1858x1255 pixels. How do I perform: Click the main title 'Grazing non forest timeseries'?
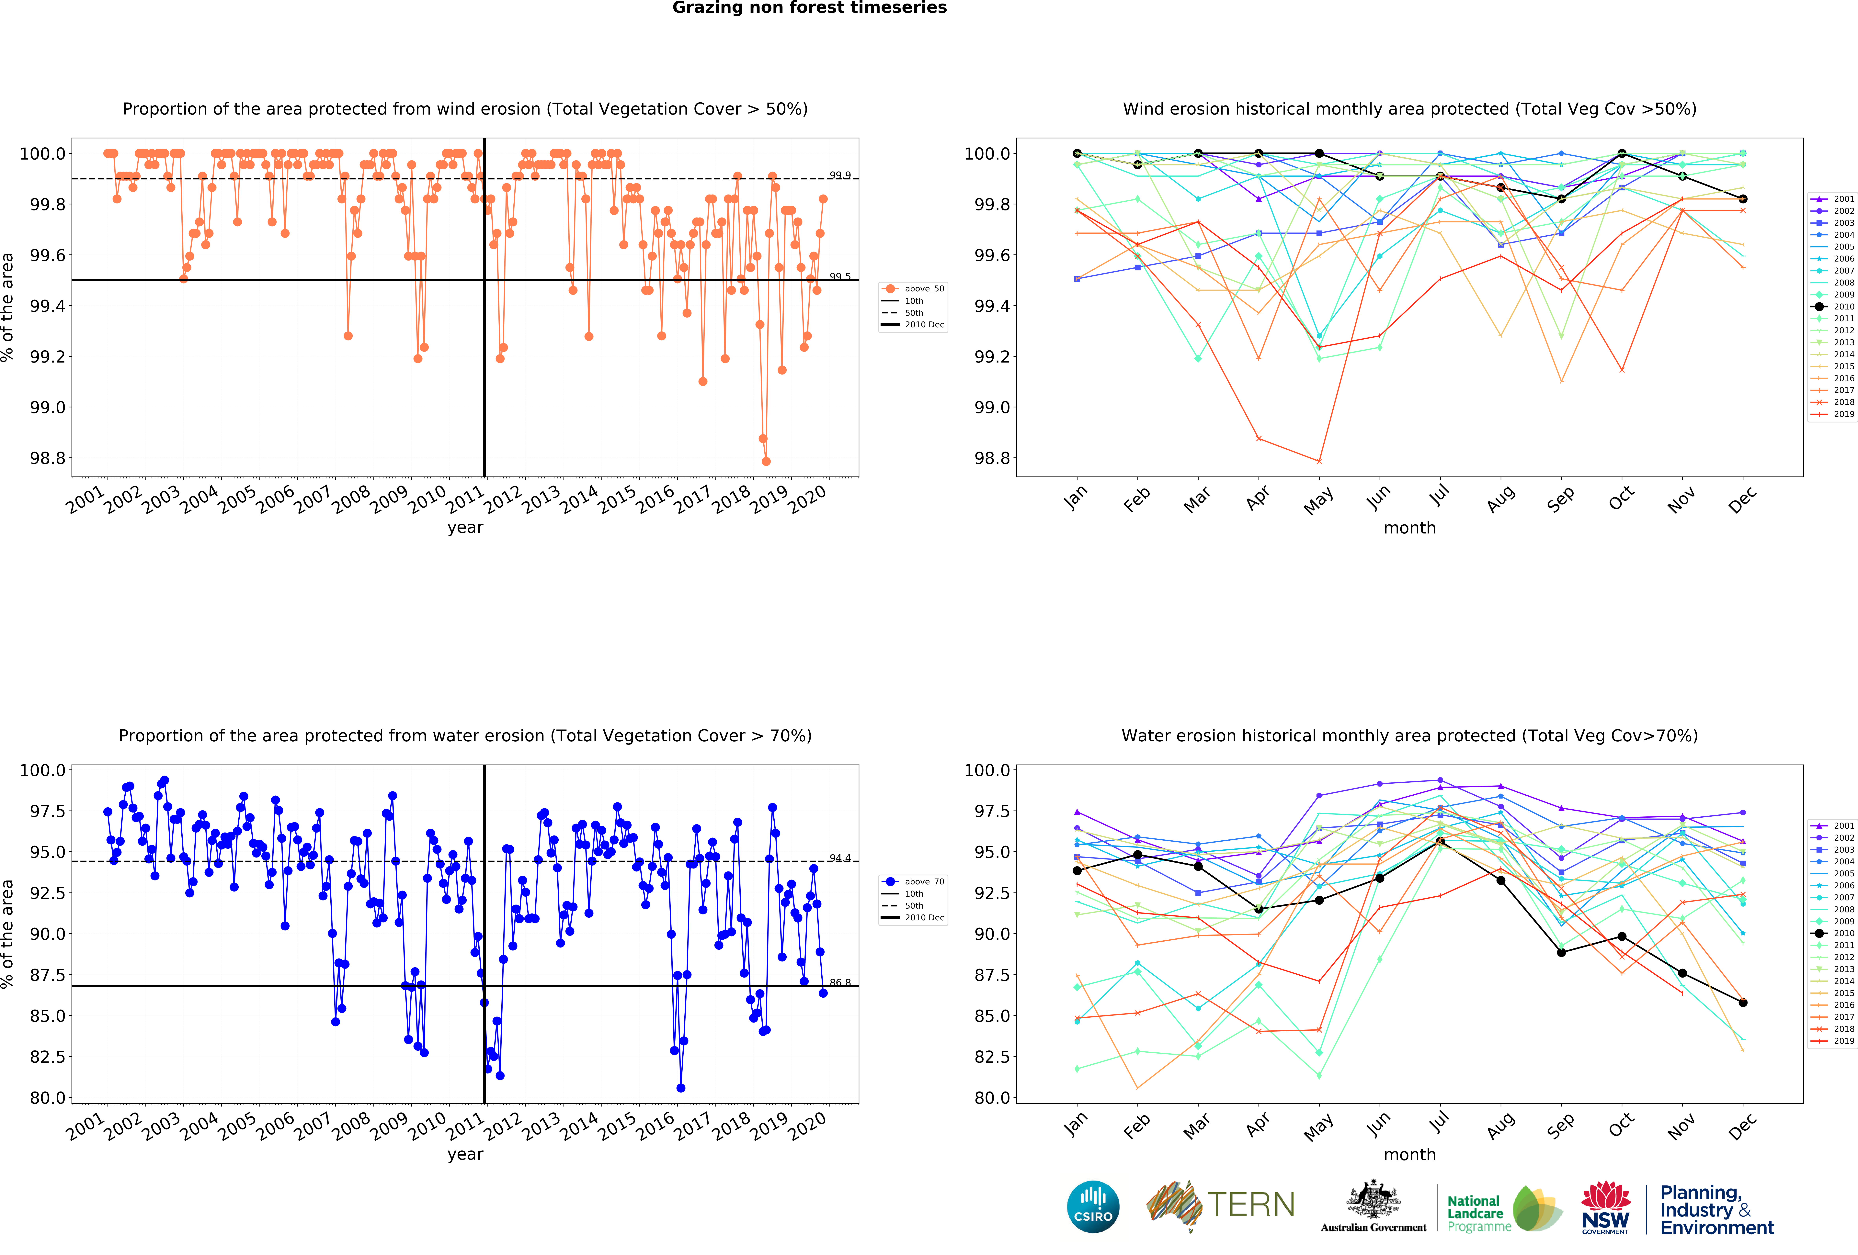[x=809, y=8]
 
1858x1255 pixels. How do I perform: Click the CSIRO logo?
[x=1093, y=1206]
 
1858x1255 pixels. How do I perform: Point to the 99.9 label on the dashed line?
[x=839, y=175]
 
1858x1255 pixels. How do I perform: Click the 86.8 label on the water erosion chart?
[x=839, y=982]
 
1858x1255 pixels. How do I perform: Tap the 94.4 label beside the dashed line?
[x=839, y=858]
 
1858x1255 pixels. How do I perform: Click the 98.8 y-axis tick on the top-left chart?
[x=48, y=458]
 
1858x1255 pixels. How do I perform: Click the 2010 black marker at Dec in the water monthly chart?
[x=1743, y=1002]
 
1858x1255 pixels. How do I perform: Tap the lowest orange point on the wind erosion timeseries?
[x=766, y=461]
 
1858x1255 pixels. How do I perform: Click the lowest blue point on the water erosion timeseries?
[x=680, y=1088]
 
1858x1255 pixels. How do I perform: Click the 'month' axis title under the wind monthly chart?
[x=1409, y=528]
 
